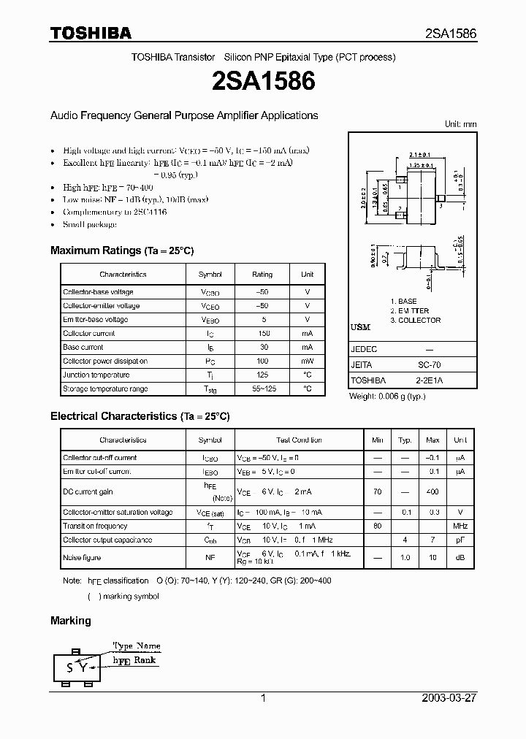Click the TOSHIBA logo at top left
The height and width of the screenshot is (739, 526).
91,33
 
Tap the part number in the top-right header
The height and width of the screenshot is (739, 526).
451,34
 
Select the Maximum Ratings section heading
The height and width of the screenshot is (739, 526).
122,250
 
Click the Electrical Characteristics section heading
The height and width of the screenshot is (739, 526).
140,416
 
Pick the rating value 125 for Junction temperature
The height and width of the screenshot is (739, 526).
262,375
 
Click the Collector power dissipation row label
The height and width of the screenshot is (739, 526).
105,361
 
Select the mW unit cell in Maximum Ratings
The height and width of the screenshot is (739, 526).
307,361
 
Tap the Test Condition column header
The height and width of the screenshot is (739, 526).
299,440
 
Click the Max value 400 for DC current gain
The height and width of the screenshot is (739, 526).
432,492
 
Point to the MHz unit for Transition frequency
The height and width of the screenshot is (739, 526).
460,527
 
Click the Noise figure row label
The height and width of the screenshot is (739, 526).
82,558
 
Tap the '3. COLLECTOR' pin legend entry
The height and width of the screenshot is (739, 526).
415,321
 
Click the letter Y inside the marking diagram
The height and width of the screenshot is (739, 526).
83,667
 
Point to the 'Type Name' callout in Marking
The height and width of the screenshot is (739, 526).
137,646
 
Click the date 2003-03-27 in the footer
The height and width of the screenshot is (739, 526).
449,698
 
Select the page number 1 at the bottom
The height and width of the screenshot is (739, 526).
263,698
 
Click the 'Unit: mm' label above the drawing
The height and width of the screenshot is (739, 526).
460,124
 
